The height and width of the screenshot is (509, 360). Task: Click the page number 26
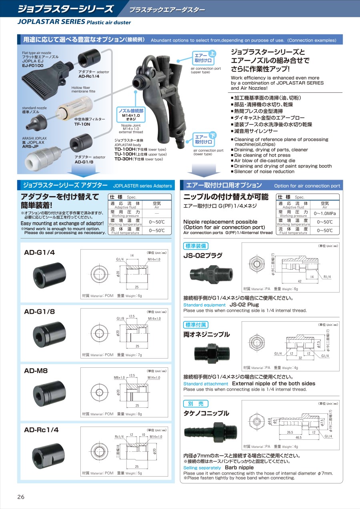point(21,497)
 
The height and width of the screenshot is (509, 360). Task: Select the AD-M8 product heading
point(36,371)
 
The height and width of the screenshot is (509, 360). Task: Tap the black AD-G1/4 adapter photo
point(50,275)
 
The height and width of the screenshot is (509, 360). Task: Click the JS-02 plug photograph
point(211,274)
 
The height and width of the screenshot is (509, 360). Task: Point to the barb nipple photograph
point(210,432)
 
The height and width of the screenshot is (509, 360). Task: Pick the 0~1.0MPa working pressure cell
point(324,213)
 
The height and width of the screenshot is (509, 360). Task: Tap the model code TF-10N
point(82,124)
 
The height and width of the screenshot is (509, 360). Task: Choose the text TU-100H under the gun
point(125,154)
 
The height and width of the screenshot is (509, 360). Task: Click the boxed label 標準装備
point(196,246)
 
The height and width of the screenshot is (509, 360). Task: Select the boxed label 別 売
point(196,404)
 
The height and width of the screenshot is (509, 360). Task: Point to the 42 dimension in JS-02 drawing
point(300,281)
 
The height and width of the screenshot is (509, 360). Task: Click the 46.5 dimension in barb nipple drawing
point(298,437)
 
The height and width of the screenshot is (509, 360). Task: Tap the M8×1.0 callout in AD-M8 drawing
point(119,378)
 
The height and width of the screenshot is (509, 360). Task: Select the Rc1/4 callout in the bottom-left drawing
point(119,437)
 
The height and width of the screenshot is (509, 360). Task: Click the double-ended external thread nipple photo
point(212,353)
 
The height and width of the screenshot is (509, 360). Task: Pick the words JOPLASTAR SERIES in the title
point(51,22)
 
